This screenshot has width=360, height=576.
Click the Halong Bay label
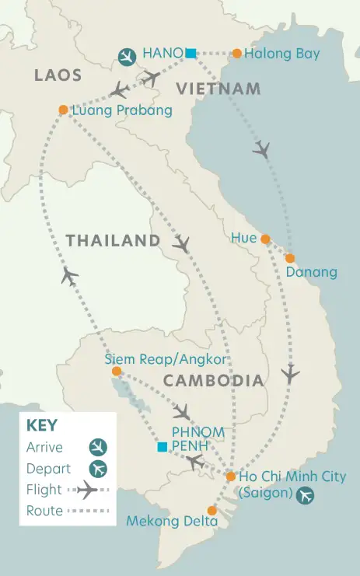point(281,54)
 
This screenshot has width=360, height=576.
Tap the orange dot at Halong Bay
point(237,54)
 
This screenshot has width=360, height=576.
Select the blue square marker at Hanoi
point(190,53)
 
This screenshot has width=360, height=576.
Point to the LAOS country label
point(58,75)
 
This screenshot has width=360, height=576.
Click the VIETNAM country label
point(218,89)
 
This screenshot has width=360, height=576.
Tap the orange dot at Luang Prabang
point(63,110)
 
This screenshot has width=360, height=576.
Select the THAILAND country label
point(112,241)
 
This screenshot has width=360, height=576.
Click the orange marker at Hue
point(265,239)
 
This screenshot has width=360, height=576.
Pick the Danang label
point(311,272)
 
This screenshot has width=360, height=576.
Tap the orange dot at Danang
point(290,257)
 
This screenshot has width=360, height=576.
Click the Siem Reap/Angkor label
point(165,359)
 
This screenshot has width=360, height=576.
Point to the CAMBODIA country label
point(213,381)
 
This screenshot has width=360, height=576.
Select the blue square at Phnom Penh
point(162,447)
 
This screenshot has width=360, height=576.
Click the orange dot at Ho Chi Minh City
point(230,476)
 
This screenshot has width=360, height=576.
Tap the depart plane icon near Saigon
point(305,494)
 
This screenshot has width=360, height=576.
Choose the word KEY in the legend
point(42,426)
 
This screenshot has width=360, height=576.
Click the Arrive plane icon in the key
point(98,448)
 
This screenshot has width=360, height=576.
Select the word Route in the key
point(44,511)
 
